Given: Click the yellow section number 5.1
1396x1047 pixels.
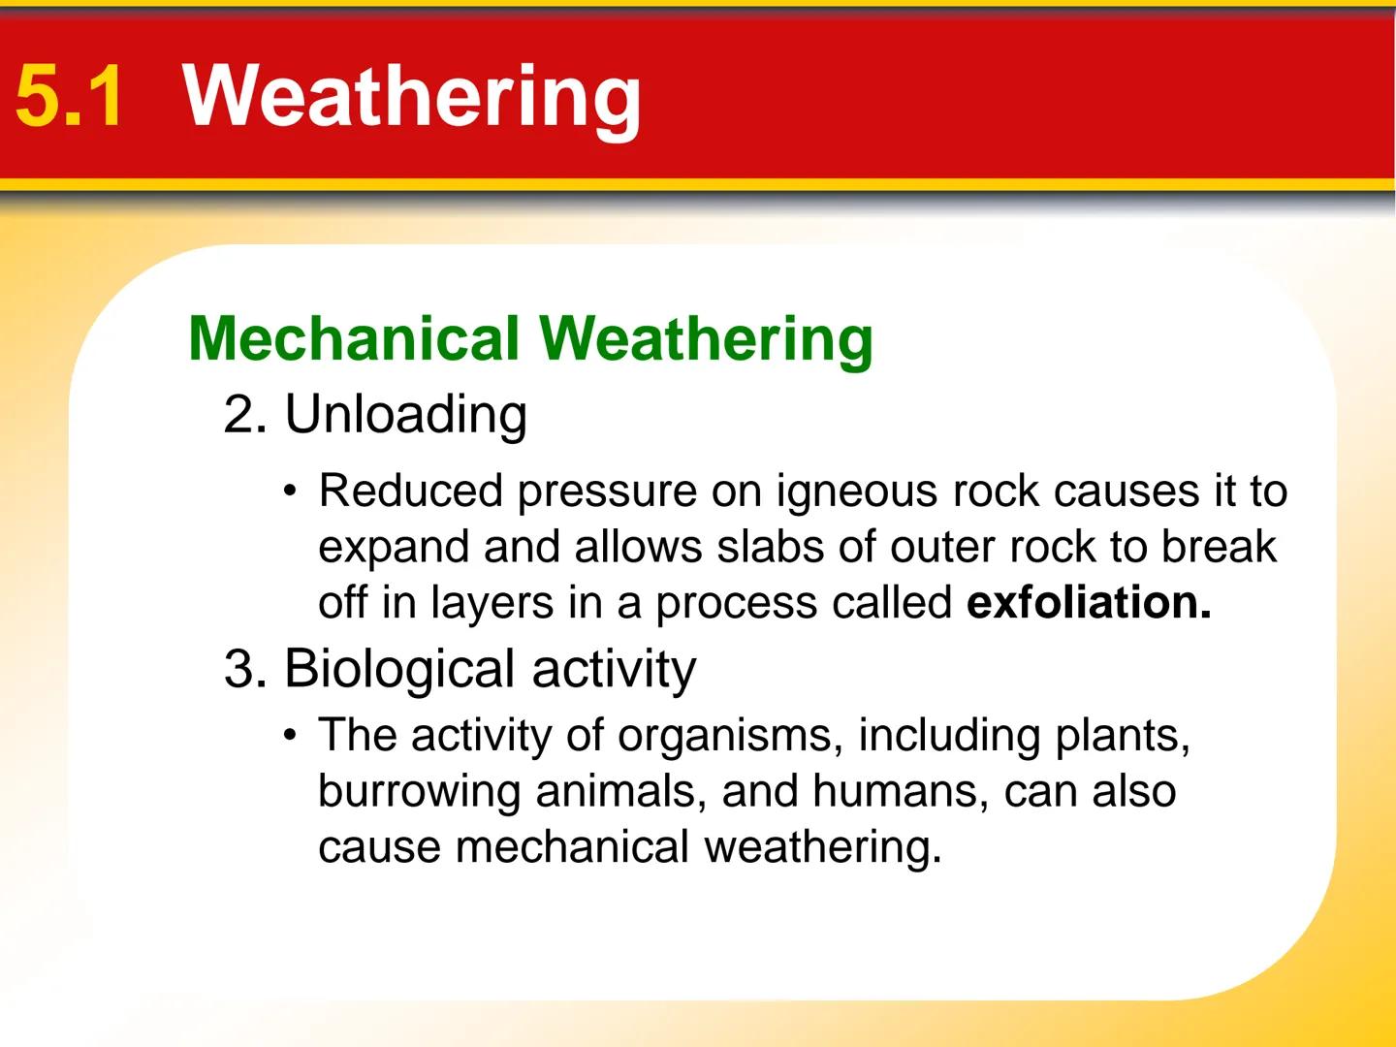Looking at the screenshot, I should (70, 96).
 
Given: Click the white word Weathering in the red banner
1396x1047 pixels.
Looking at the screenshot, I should (412, 96).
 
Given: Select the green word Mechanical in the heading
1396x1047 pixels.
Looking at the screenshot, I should (354, 339).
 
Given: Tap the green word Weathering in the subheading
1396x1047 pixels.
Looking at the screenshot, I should (706, 339).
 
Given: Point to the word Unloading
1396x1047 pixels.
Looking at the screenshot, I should (405, 415).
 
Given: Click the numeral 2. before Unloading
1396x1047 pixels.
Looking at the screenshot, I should (245, 415).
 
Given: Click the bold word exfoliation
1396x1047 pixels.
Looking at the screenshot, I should (1089, 603).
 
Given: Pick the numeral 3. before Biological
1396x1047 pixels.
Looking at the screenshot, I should (245, 669).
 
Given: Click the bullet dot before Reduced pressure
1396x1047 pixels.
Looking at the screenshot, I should (289, 491).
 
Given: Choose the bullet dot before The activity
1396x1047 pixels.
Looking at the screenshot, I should (289, 735).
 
